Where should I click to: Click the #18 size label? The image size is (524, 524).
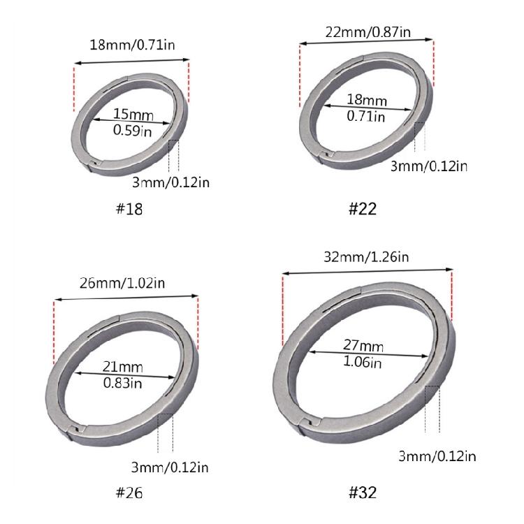coord(129,209)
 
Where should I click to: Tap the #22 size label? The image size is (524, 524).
coord(363,209)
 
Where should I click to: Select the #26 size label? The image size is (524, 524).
coord(129,493)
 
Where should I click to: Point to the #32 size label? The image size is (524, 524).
coord(363,493)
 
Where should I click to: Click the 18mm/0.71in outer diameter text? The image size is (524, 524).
coord(132,45)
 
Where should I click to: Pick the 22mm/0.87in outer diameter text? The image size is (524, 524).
coord(368,32)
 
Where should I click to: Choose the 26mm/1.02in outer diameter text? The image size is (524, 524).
coord(122,283)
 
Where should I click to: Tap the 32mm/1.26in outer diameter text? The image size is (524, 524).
coord(366,257)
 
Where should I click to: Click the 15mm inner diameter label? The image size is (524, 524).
coord(133,114)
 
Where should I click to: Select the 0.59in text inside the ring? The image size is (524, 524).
coord(132,130)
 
